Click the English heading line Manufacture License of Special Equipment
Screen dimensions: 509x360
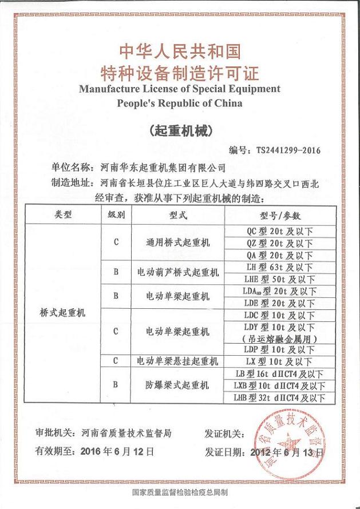180,89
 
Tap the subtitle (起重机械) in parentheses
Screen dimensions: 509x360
180,130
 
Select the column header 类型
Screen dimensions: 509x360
64,215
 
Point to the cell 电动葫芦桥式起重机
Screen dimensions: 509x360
179,273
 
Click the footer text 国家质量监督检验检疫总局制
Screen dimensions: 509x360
180,491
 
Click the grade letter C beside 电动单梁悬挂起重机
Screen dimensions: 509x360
116,361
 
